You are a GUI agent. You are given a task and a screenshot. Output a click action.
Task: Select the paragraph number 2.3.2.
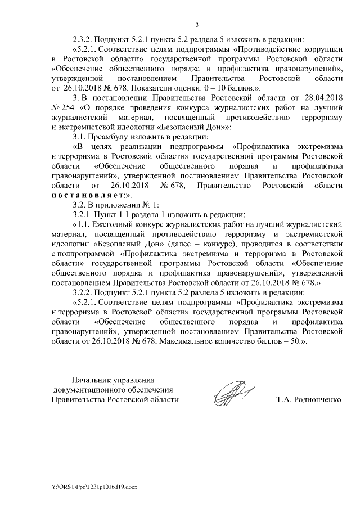tap(83, 39)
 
